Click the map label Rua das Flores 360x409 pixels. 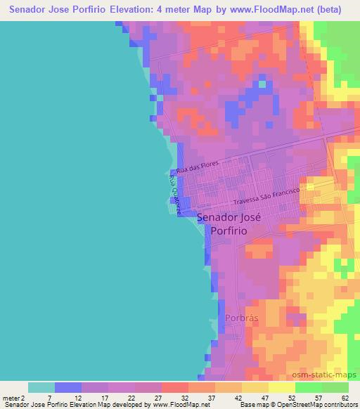coord(198,167)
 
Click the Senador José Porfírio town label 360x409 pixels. coord(229,223)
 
